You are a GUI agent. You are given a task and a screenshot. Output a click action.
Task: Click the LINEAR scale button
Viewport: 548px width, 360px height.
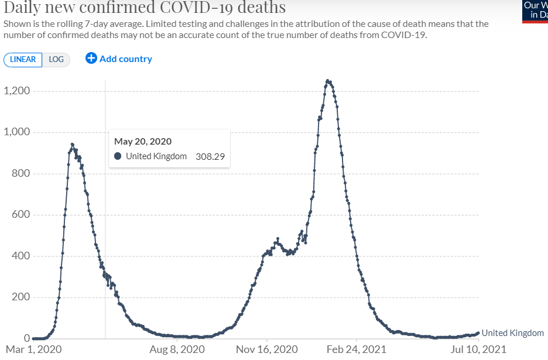pos(23,60)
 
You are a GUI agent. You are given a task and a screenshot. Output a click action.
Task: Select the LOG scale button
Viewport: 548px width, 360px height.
pos(56,60)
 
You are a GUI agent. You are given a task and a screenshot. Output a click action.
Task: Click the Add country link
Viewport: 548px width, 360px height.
pos(125,59)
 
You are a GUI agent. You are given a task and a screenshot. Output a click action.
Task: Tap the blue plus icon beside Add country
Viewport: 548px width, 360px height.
pos(91,58)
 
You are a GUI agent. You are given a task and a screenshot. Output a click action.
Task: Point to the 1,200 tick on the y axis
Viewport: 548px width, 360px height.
pos(18,91)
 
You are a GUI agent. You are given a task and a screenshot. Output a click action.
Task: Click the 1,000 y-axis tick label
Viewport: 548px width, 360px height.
pos(18,132)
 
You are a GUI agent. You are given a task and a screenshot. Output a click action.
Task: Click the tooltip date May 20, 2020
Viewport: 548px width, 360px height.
pos(143,141)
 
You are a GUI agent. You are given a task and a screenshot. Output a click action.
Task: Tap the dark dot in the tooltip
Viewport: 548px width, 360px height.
pos(118,156)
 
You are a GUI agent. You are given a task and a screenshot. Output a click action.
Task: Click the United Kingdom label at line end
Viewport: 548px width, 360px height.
pos(512,333)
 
